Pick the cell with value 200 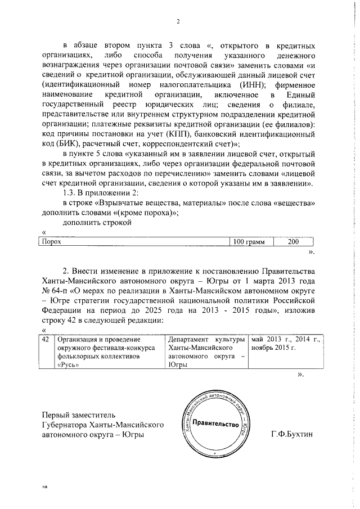pyautogui.click(x=294, y=242)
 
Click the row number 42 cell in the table pyautogui.click(x=46, y=340)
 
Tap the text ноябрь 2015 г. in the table pyautogui.click(x=274, y=348)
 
